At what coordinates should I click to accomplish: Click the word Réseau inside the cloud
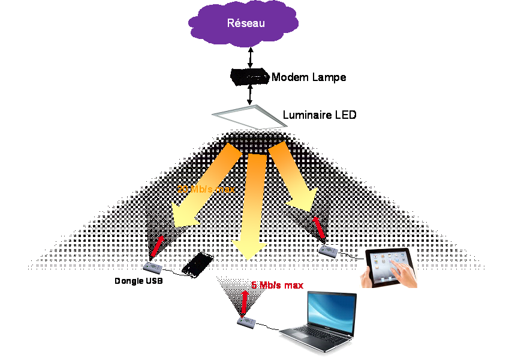[x=246, y=23]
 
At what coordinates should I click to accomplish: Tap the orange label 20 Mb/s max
[x=206, y=189]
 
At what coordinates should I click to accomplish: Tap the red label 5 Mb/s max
[x=277, y=286]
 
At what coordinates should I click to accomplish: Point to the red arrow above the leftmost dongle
[x=158, y=246]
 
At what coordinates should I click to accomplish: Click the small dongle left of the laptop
[x=246, y=322]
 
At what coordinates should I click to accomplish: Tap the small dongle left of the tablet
[x=328, y=251]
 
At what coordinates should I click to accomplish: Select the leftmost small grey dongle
[x=152, y=268]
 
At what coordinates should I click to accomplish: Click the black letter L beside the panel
[x=285, y=114]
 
